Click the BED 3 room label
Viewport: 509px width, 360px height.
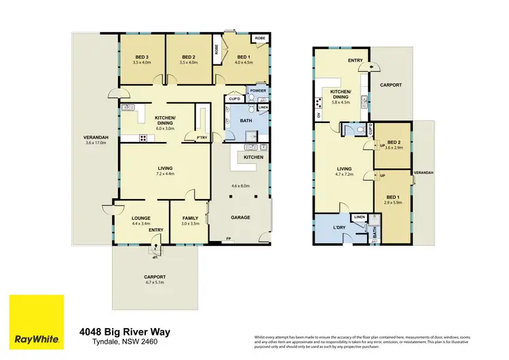point(141,57)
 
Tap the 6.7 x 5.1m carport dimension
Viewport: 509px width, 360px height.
point(155,283)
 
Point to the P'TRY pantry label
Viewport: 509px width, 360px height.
point(201,139)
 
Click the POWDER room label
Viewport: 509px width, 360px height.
point(258,90)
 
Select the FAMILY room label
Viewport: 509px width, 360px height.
point(189,218)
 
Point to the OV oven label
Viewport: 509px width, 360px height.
point(318,115)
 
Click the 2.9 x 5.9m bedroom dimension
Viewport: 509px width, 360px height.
point(393,203)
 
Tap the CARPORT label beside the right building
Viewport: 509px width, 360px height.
point(390,85)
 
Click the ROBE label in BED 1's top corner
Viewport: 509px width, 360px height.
point(260,39)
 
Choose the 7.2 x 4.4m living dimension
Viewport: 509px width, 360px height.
point(165,174)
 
